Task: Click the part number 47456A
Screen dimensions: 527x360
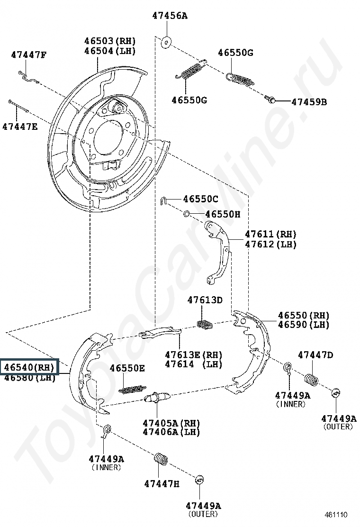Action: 170,16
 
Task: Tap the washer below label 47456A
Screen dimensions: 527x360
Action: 166,42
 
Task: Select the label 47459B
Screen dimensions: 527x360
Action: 309,101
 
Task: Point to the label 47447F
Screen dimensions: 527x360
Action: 29,55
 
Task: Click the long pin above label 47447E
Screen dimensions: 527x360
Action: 18,107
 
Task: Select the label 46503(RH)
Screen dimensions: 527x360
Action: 110,40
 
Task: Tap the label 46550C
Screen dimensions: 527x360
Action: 201,199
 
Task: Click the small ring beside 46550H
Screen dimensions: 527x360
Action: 187,214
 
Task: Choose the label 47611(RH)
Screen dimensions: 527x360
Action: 270,234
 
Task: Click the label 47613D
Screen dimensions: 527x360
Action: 205,300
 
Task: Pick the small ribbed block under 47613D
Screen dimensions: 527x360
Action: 205,324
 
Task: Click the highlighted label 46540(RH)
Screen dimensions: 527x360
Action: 29,367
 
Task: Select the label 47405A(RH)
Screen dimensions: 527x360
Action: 171,423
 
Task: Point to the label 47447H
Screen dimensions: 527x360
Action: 162,483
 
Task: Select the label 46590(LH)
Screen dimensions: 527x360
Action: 304,325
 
